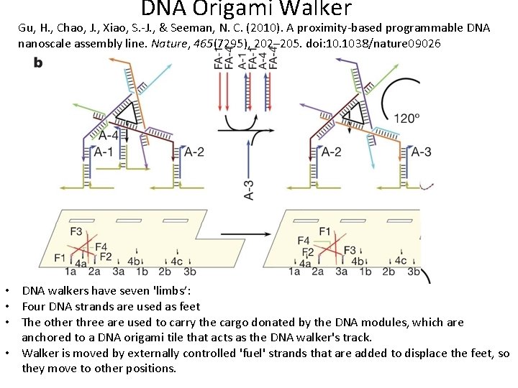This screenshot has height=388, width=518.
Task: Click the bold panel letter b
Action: coord(37,63)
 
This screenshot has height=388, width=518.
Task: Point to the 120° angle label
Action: coord(407,117)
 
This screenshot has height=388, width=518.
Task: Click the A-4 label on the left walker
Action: coord(109,134)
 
